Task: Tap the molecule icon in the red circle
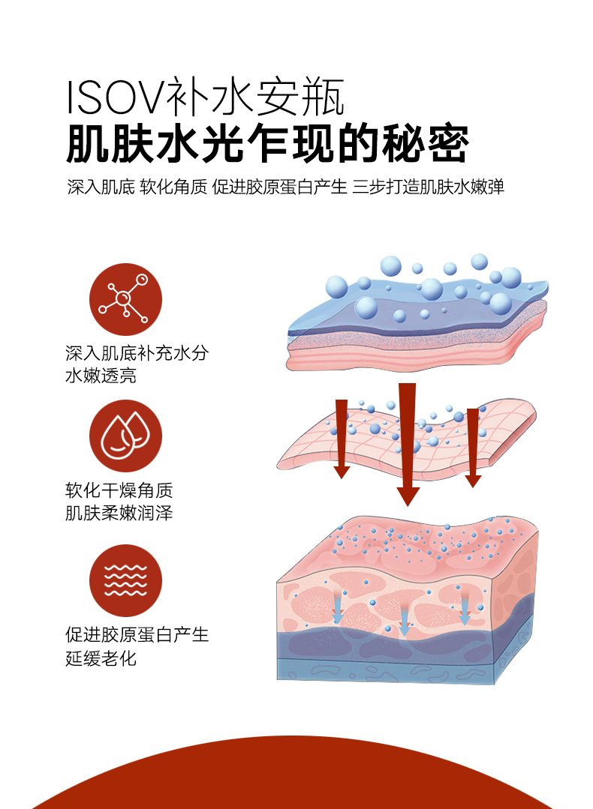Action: tap(125, 300)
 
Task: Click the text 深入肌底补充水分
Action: tap(136, 353)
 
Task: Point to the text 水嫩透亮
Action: tap(101, 376)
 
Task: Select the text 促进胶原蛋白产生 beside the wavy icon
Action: tap(136, 635)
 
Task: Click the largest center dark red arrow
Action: tap(408, 442)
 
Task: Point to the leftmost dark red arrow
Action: tap(342, 439)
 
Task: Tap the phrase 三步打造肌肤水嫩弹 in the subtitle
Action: tap(428, 187)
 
